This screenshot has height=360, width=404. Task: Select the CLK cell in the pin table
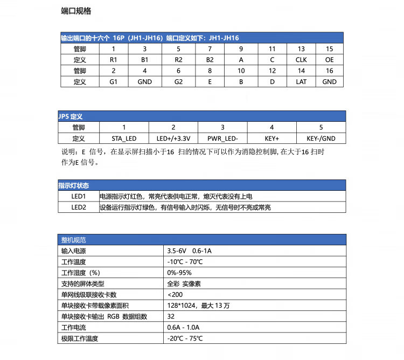point(301,60)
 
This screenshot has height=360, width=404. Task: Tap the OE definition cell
point(329,60)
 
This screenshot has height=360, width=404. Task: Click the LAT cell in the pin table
point(301,82)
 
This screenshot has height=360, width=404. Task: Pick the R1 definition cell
point(113,60)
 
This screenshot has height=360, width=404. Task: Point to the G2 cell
point(178,82)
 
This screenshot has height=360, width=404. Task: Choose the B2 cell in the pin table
point(210,60)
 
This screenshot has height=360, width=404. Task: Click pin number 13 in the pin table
point(301,49)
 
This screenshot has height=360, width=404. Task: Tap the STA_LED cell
point(124,139)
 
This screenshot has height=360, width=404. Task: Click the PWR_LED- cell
point(222,139)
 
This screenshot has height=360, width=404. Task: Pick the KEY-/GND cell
point(321,139)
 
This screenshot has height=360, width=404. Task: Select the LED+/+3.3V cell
point(173,139)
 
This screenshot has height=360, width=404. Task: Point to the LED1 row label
point(79,197)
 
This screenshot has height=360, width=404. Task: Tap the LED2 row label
point(79,207)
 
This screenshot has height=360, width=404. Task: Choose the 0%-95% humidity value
point(179,273)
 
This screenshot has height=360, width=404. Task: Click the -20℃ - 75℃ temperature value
point(185,338)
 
